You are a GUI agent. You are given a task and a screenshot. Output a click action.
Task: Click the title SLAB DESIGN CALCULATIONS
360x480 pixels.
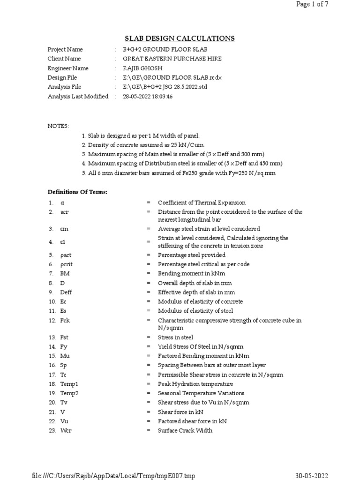point(180,38)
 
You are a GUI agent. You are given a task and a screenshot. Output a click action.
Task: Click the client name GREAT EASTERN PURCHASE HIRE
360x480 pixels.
point(172,59)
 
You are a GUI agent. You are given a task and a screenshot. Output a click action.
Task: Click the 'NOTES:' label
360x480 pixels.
point(58,127)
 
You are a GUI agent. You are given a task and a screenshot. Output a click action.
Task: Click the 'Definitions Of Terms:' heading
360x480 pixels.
point(78,192)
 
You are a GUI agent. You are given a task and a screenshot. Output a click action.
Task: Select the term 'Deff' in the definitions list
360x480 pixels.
point(67,292)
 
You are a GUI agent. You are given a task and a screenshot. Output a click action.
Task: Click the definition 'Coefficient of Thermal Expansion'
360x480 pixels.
point(202,202)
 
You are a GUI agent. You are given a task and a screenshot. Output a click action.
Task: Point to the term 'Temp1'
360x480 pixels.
point(69,384)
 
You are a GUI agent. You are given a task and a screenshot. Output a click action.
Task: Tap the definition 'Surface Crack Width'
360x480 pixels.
point(185,430)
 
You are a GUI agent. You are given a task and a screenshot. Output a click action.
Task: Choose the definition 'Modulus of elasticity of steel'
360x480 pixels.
point(195,311)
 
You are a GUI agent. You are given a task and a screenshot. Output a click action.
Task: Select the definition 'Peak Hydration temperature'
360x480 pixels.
point(195,384)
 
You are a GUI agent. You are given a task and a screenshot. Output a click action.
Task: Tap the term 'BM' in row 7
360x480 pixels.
point(64,273)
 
